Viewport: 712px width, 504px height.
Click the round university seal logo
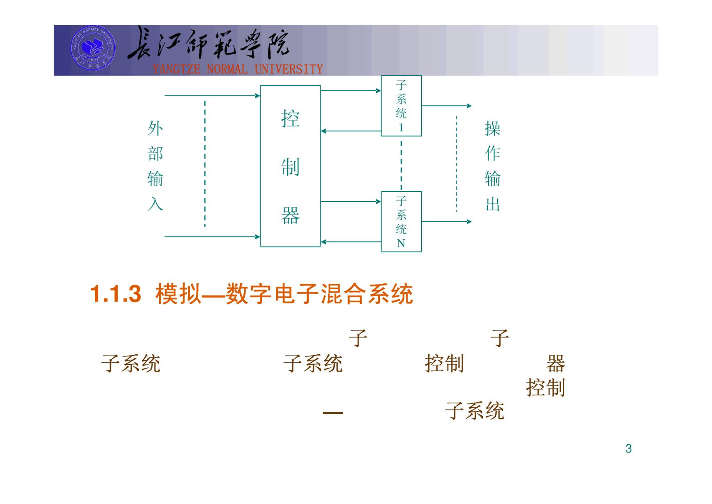[93, 48]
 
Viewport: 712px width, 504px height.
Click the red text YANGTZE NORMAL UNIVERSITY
[238, 69]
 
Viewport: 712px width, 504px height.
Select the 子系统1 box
[401, 106]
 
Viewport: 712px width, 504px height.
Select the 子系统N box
[401, 221]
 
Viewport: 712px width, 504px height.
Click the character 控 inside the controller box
[290, 119]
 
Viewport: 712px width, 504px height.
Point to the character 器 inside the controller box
[290, 215]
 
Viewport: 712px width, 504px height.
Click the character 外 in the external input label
[155, 128]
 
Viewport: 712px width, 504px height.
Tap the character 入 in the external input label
[155, 204]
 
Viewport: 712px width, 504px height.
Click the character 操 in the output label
[492, 128]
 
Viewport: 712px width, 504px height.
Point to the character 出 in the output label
[492, 204]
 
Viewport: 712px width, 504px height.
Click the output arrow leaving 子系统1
[446, 106]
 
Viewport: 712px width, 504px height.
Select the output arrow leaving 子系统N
[446, 222]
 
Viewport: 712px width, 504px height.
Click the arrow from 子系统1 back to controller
[351, 131]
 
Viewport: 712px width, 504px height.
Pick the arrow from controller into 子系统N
[351, 201]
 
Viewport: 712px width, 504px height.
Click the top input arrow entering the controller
[212, 95]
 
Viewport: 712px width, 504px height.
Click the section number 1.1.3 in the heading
[116, 294]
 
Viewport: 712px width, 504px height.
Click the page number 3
[628, 448]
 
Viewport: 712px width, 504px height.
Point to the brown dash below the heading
[333, 413]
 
